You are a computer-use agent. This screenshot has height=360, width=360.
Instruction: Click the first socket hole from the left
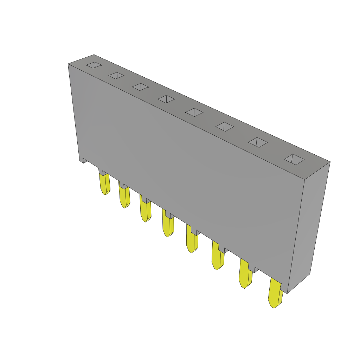94,65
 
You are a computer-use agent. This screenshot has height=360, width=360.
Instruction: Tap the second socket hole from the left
116,75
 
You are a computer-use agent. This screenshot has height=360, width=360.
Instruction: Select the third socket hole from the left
140,87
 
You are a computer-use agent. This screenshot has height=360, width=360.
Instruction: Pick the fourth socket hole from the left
166,99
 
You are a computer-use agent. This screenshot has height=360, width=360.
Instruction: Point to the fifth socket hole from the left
194,112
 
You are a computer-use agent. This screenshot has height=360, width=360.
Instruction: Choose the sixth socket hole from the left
225,127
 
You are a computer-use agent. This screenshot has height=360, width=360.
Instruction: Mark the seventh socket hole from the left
258,142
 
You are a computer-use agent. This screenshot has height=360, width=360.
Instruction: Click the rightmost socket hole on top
294,159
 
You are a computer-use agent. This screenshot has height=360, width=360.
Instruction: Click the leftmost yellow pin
105,184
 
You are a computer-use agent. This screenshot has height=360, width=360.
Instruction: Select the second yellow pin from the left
124,197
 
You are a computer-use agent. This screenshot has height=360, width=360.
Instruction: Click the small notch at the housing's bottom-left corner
84,160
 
